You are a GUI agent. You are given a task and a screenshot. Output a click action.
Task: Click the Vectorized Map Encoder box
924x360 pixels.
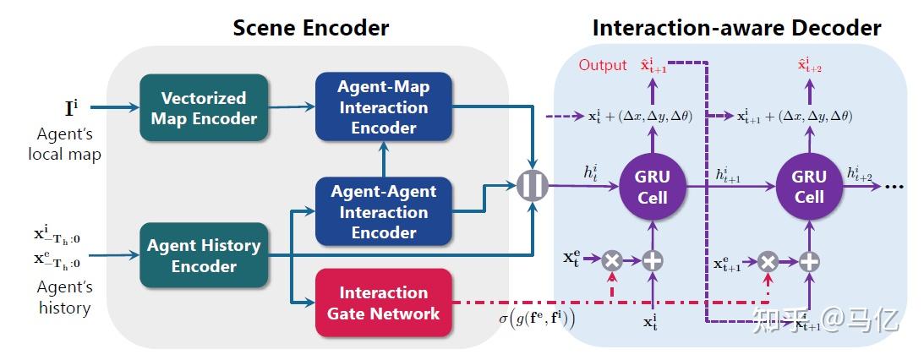click(x=204, y=107)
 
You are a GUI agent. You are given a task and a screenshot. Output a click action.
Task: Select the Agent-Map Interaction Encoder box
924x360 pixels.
click(x=383, y=106)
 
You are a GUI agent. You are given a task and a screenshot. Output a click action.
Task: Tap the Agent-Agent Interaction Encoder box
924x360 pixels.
click(x=383, y=211)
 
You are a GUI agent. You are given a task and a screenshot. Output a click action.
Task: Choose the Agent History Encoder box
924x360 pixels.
click(x=204, y=255)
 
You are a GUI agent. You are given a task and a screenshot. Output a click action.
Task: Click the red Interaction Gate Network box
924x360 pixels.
click(x=383, y=303)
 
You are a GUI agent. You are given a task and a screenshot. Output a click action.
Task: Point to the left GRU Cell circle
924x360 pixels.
click(x=652, y=187)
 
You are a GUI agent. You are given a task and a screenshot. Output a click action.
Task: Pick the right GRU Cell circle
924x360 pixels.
click(x=809, y=187)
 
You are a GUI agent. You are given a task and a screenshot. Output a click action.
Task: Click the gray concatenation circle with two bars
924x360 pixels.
click(x=533, y=186)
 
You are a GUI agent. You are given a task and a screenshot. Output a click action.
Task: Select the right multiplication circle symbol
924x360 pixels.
click(x=768, y=262)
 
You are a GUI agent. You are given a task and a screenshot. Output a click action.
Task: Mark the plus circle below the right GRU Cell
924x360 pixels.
click(x=809, y=262)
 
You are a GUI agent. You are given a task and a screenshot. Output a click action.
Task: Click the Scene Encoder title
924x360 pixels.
click(x=311, y=27)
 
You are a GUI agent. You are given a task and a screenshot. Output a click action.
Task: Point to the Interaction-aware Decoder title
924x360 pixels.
click(x=736, y=27)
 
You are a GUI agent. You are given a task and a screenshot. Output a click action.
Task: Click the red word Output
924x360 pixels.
click(x=603, y=65)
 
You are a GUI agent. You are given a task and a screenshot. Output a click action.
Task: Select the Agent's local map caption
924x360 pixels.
click(x=64, y=144)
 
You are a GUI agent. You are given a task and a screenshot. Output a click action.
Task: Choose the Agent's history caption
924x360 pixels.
click(x=64, y=297)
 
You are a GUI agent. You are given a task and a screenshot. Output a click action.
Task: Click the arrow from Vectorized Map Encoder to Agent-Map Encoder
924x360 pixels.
click(x=291, y=106)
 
